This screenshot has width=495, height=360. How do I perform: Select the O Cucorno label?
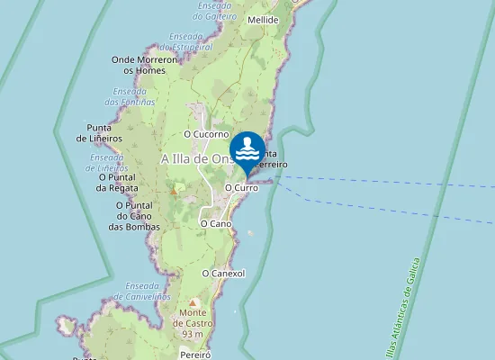(x=207, y=134)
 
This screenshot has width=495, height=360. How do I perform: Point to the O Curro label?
(x=241, y=187)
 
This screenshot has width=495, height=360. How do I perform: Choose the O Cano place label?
(x=216, y=222)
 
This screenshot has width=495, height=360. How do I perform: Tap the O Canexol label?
(x=224, y=273)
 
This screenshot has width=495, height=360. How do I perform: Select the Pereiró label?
(x=194, y=355)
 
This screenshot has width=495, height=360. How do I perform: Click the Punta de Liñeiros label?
(x=99, y=132)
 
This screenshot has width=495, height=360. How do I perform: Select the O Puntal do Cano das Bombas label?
(x=134, y=216)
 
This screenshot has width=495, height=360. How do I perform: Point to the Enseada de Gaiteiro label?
(x=216, y=11)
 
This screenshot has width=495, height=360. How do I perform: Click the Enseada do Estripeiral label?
(x=185, y=41)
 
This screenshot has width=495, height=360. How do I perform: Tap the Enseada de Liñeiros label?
(x=107, y=162)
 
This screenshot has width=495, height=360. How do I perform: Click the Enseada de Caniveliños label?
(x=142, y=292)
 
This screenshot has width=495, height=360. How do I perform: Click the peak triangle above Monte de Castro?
(x=192, y=302)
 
